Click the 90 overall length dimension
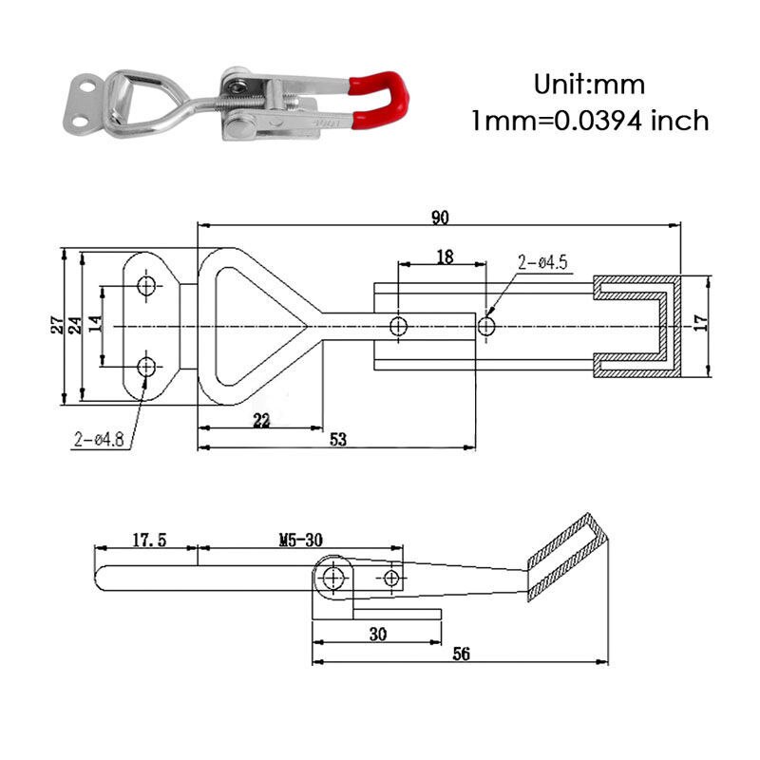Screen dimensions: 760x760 (439, 218)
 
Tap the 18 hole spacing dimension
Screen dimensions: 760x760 (444, 256)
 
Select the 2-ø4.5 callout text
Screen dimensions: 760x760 (542, 263)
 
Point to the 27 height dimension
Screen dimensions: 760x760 (58, 325)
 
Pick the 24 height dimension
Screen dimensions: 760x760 (75, 325)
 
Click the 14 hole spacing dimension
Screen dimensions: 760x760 (95, 325)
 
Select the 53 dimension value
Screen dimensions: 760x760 (338, 439)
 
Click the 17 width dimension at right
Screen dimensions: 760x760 (701, 323)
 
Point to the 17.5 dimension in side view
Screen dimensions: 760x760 (148, 540)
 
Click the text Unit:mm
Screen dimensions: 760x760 (588, 85)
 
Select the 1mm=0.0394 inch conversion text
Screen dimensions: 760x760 (590, 121)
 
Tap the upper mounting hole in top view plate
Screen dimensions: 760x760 (146, 286)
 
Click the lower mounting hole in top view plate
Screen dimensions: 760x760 (146, 366)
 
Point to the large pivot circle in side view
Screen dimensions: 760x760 (332, 578)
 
